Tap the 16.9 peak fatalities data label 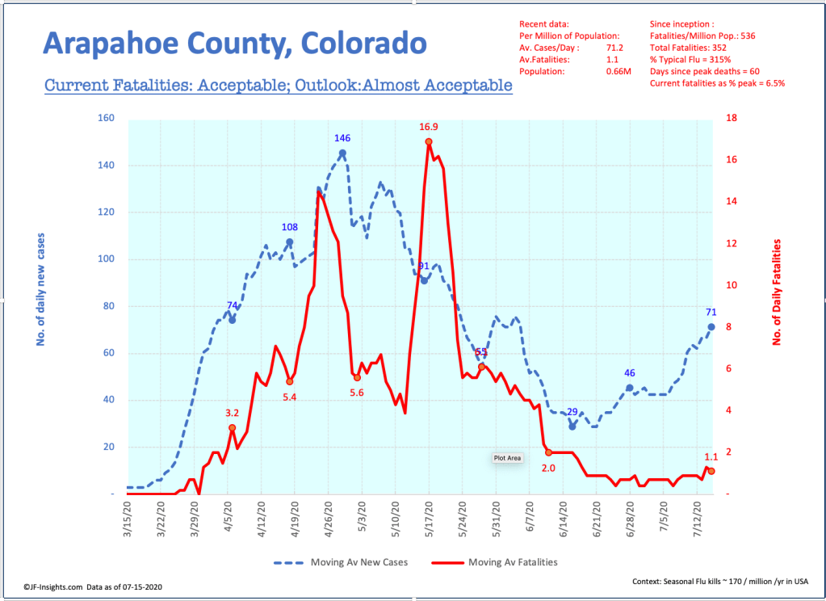[429, 127]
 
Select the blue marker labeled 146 [342, 153]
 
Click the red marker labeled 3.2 [232, 428]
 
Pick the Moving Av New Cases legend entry [340, 562]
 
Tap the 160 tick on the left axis [106, 119]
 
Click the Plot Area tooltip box [508, 458]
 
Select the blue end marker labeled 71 [711, 327]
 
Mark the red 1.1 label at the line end [711, 457]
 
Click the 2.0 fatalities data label [549, 468]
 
